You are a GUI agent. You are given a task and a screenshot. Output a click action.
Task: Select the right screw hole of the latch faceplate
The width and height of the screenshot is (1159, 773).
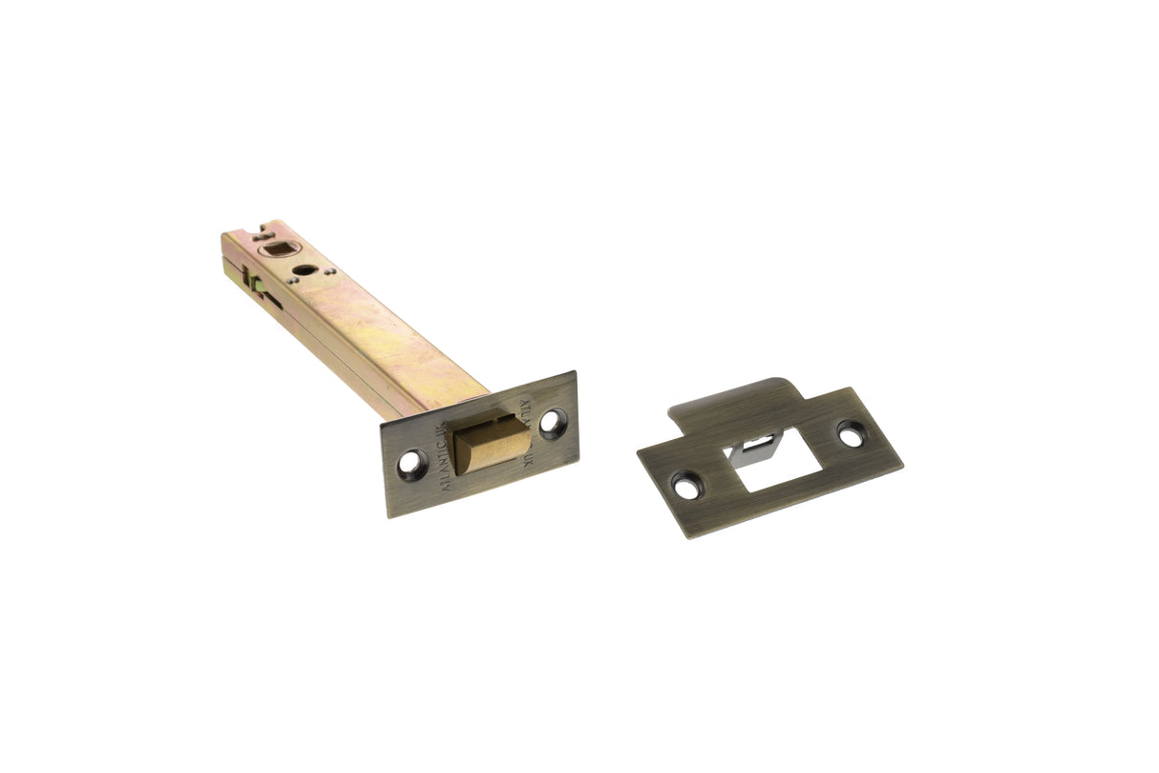(x=553, y=421)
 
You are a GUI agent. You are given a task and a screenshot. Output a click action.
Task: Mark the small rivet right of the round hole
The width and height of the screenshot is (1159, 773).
(x=329, y=270)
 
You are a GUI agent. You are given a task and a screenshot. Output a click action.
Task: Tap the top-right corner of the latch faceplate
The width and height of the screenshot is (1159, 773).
(x=574, y=373)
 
